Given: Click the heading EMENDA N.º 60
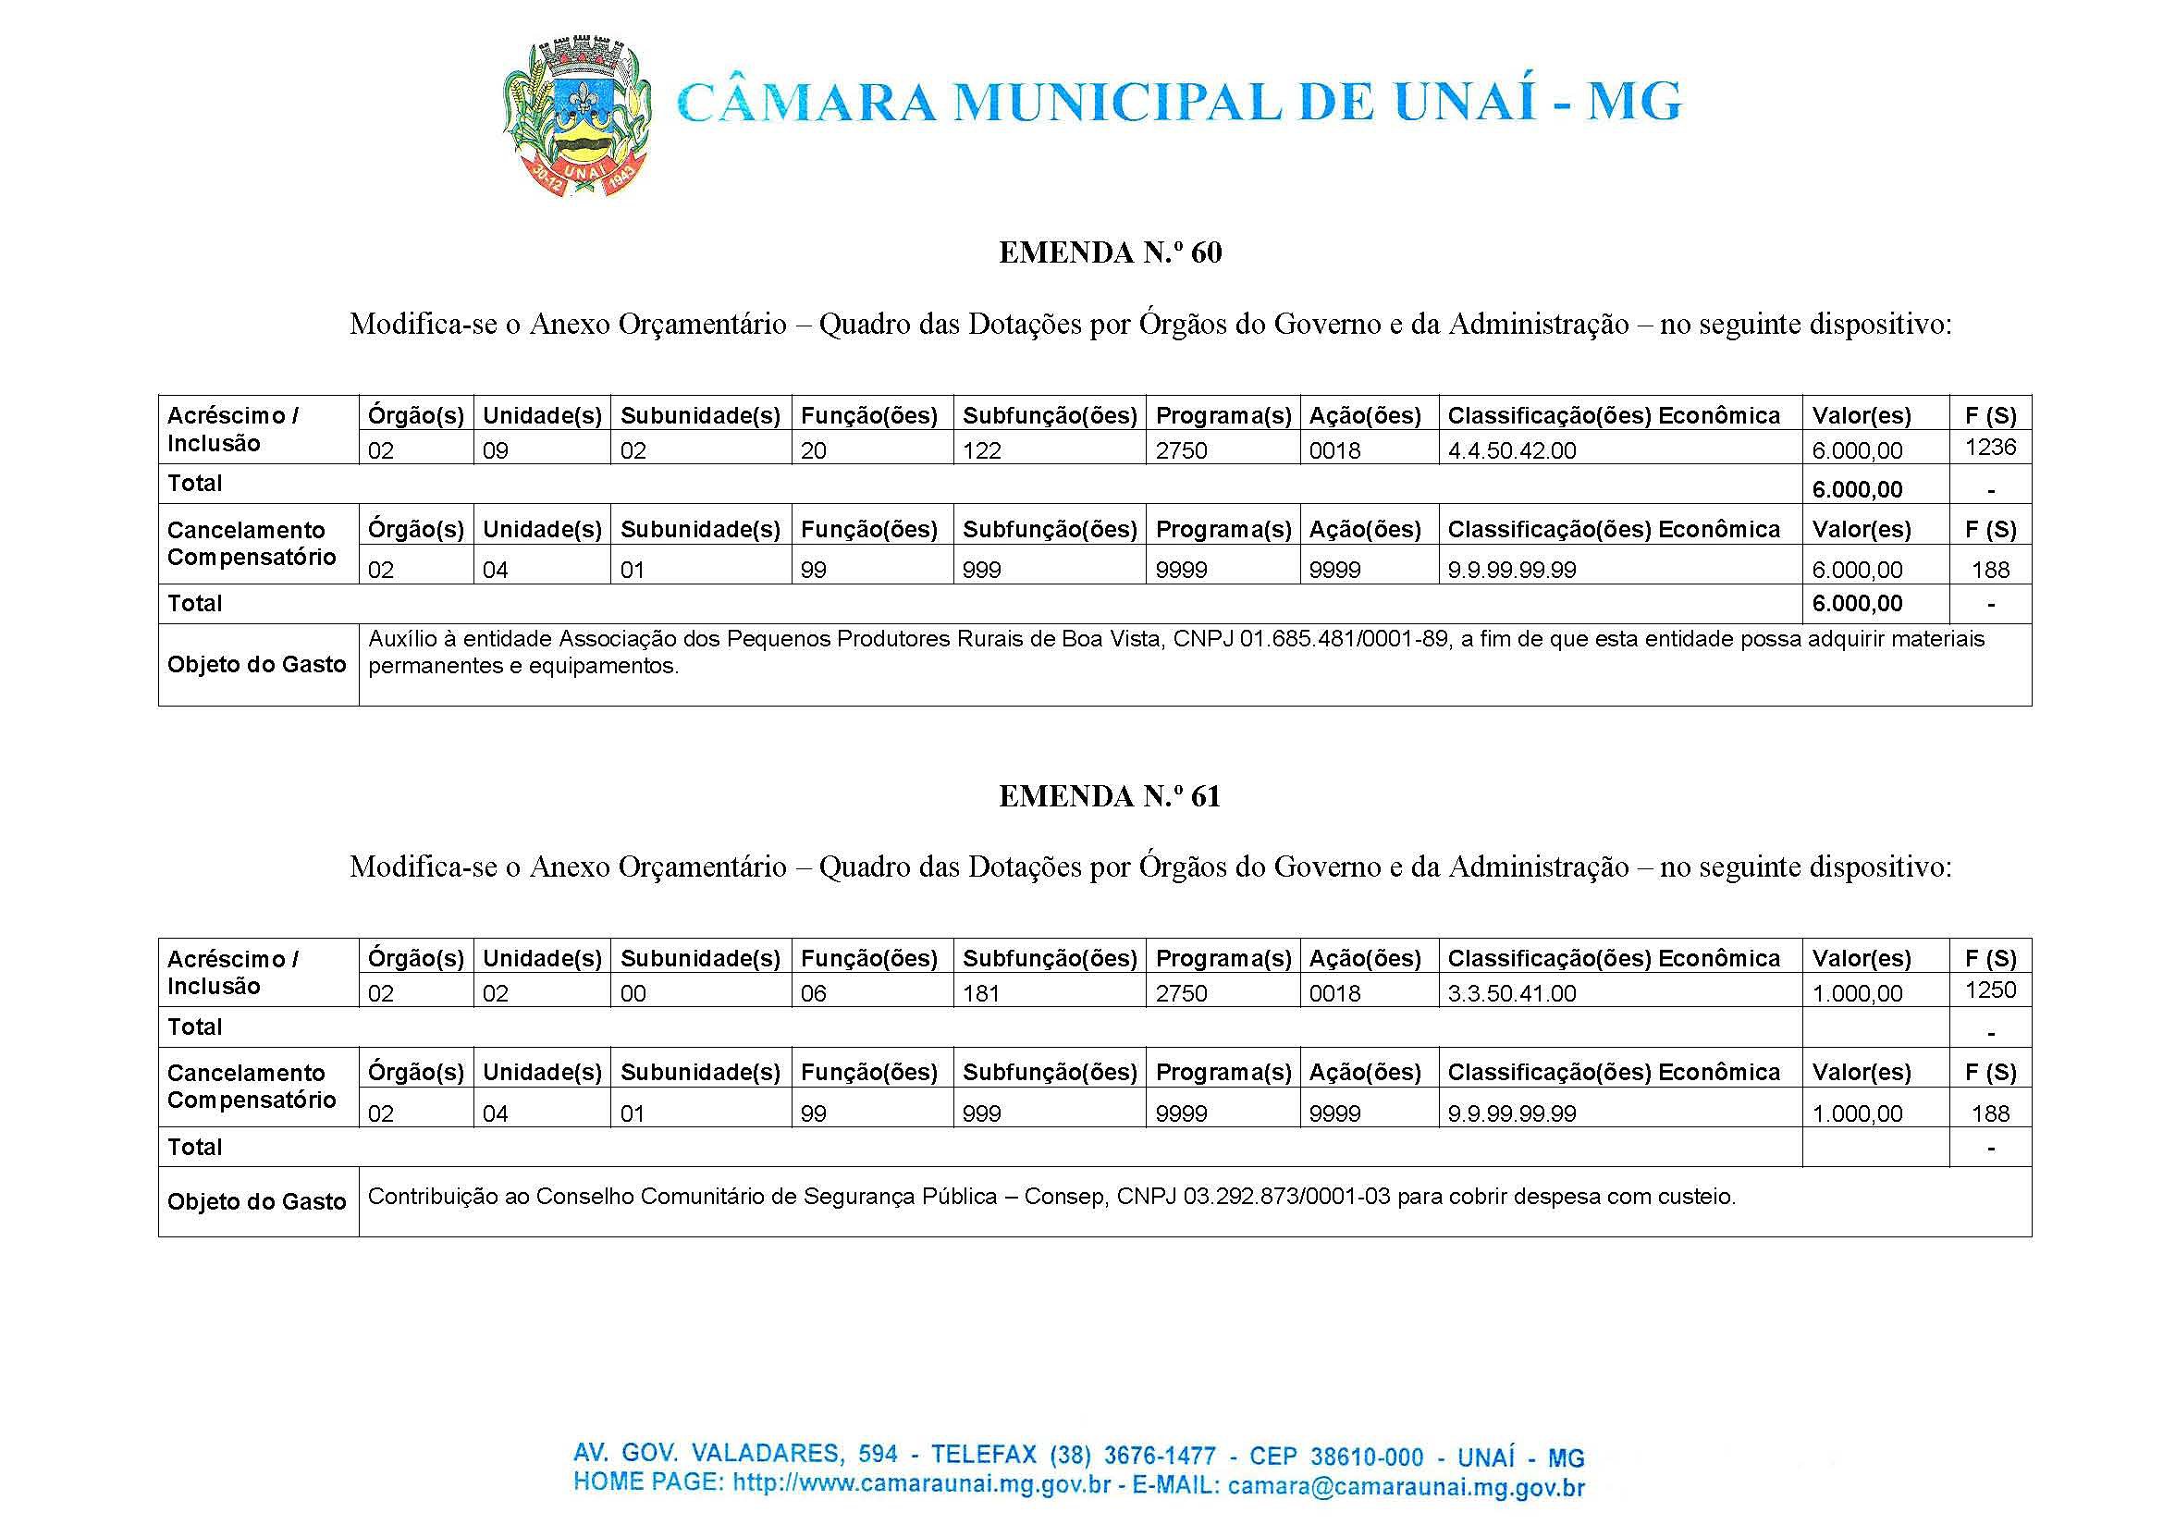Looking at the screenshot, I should click(1110, 252).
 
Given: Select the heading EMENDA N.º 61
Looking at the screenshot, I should click(1110, 796).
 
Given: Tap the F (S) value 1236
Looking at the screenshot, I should click(1990, 448).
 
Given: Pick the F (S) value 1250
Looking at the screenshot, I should click(1990, 990).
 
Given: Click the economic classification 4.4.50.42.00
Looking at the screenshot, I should click(1512, 450).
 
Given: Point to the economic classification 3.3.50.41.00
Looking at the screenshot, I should click(1512, 994).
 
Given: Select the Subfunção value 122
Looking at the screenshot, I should click(981, 450).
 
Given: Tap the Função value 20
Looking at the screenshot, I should click(813, 450).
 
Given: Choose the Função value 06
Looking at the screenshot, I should click(813, 994).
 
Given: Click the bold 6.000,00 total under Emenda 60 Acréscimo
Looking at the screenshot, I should click(1856, 489).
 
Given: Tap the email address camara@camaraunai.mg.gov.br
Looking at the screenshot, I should click(1406, 1487).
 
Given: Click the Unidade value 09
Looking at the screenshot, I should click(495, 450).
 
